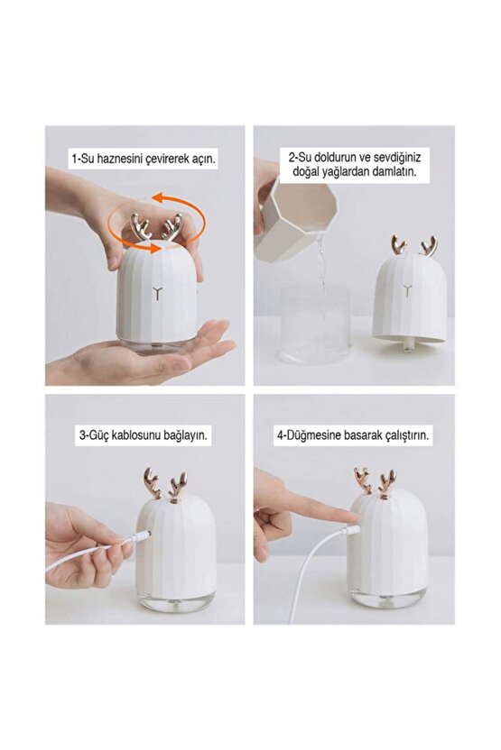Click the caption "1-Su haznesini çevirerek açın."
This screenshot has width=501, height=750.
point(144,159)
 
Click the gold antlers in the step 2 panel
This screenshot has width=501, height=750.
point(413,245)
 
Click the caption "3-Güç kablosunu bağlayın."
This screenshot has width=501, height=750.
point(144,434)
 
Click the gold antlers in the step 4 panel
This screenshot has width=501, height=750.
point(375,482)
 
